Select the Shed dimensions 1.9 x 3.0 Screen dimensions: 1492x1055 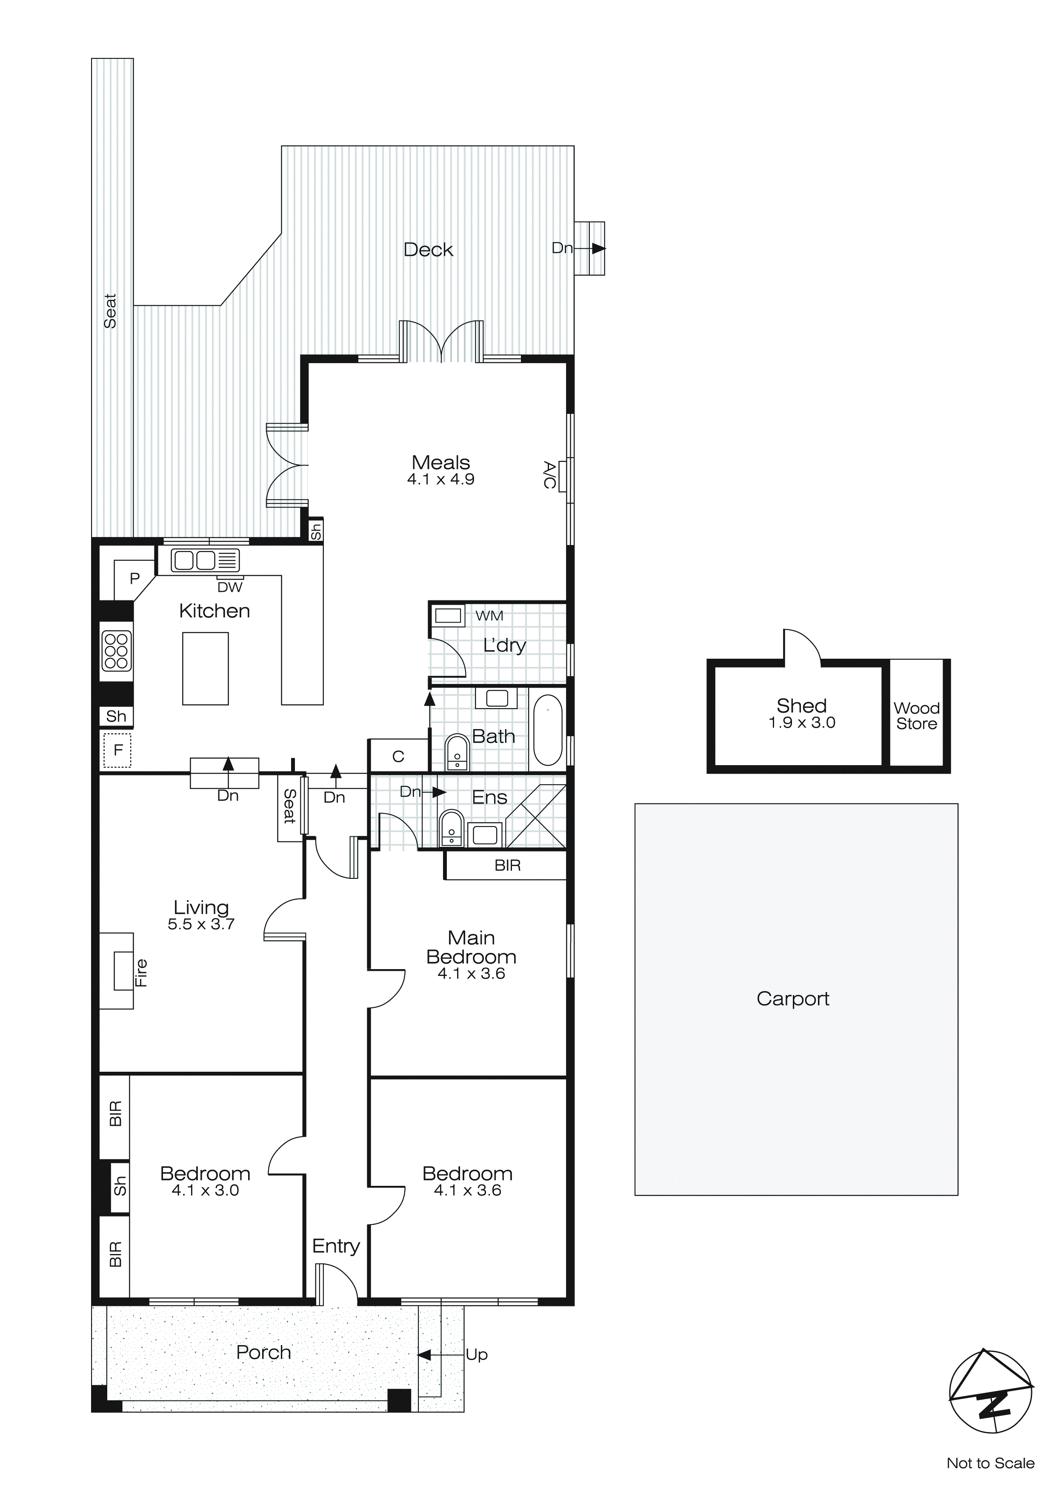(802, 723)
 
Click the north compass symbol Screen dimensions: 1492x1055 (991, 1391)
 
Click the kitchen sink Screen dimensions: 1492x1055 (205, 560)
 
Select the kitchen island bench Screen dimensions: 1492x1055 (205, 669)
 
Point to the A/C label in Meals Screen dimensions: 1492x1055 (549, 475)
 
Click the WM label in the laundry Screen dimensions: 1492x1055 (489, 615)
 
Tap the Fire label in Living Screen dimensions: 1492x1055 (141, 973)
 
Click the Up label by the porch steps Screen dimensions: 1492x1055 (476, 1355)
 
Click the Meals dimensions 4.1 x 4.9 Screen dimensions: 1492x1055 (440, 479)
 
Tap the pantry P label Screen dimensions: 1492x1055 (134, 578)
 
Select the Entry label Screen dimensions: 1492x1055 (336, 1246)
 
